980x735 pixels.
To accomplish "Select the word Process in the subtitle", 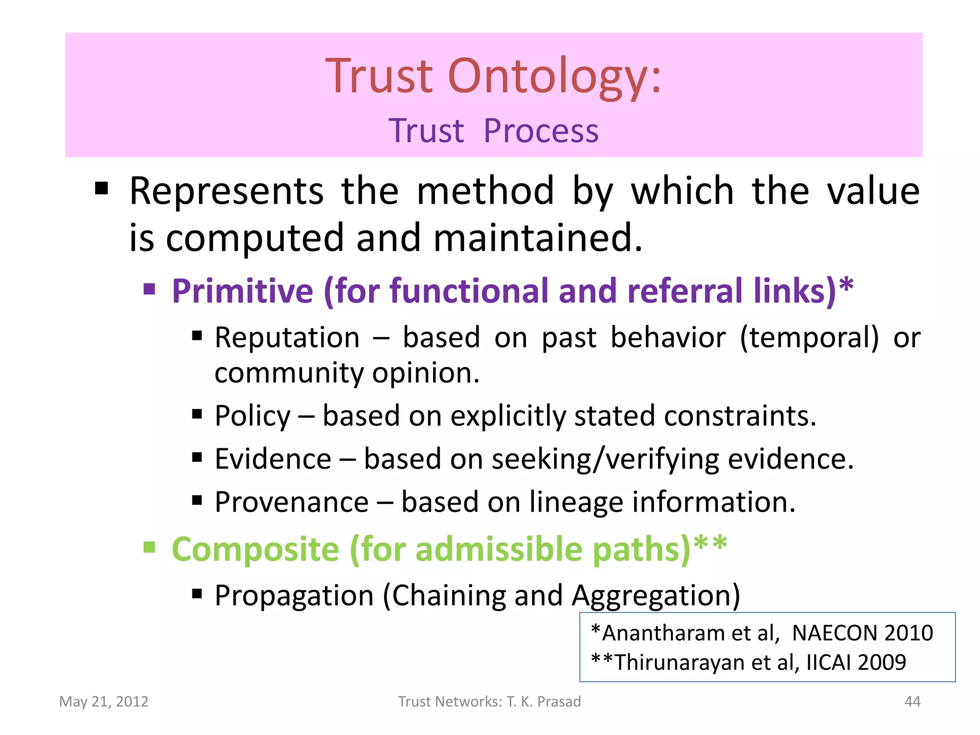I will point(541,131).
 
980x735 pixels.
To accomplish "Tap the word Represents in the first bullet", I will point(226,191).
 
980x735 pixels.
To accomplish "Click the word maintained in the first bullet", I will point(537,238).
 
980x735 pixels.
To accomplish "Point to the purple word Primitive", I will point(242,291).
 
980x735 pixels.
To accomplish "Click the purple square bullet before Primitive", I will point(150,289).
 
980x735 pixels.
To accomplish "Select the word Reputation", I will point(287,338).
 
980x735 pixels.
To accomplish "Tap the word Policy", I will point(252,416).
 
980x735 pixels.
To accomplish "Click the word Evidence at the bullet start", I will point(273,459).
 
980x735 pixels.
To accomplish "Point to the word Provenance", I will point(291,502).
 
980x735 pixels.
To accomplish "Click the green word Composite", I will point(255,549).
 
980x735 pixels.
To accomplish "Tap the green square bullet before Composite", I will point(150,546).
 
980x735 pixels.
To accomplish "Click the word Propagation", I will point(294,596).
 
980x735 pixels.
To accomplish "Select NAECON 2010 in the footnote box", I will point(862,633).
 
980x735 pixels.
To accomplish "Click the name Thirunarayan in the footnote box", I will point(679,663).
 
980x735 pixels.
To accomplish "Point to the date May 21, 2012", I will point(104,702).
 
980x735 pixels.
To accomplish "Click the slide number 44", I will point(912,702).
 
